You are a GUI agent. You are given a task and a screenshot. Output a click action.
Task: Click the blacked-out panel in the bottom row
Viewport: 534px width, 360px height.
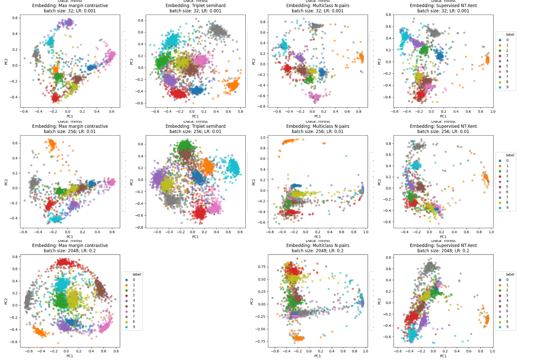point(204,300)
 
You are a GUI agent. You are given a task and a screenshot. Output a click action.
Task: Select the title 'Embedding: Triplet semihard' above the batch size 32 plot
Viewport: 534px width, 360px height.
point(195,6)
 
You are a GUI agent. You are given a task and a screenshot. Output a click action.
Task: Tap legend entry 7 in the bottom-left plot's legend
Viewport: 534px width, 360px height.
point(134,316)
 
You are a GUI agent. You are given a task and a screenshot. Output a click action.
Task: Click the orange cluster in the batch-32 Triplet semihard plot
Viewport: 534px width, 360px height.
point(233,85)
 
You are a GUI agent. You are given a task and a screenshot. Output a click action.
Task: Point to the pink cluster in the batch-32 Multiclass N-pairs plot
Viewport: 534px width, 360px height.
point(317,97)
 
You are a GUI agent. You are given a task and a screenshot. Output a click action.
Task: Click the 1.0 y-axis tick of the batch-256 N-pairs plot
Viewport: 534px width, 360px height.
point(263,138)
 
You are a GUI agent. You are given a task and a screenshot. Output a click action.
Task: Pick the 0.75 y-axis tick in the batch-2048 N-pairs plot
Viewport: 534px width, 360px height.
point(262,267)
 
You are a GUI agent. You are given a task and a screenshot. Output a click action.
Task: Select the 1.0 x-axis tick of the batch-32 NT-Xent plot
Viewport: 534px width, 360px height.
point(493,112)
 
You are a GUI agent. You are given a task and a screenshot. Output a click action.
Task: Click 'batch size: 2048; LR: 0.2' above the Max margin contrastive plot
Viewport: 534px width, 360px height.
point(70,251)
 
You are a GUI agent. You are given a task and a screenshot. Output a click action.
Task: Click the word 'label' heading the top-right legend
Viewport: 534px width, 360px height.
point(510,34)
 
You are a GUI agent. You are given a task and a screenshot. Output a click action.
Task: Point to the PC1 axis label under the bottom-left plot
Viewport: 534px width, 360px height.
point(70,356)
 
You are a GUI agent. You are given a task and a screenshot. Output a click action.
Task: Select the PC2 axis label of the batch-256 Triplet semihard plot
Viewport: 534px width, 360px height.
point(131,182)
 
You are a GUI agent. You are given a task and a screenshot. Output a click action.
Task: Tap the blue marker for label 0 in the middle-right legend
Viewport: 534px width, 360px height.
point(500,161)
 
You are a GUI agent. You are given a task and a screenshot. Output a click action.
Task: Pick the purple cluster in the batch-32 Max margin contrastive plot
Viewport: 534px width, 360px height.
point(69,22)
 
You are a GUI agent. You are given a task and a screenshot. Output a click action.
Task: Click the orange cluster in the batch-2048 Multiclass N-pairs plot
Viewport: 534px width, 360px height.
point(299,338)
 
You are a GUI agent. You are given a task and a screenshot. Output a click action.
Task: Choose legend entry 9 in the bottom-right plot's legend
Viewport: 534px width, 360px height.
point(507,327)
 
